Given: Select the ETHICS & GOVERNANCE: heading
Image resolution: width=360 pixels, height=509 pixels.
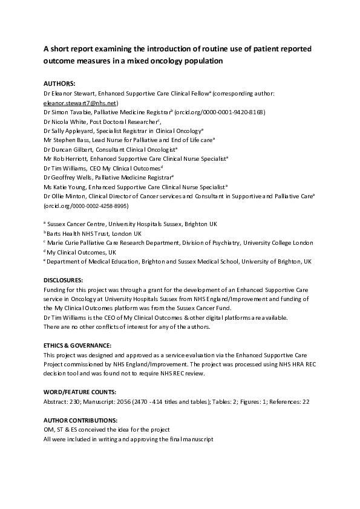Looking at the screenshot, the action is [x=77, y=345].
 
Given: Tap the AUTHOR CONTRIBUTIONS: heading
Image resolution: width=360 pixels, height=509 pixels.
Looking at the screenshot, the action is [x=80, y=420].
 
